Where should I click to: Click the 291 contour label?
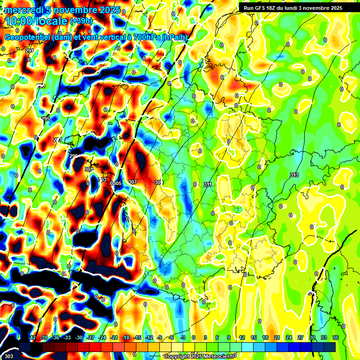30,51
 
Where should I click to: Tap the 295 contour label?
45,119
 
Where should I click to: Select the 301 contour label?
89,169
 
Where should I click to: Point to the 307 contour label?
132,182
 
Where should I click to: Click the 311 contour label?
208,184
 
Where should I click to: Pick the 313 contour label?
294,175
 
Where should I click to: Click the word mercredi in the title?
24,10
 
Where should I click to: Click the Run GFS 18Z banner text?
262,7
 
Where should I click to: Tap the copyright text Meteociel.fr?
216,357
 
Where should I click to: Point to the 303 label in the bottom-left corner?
5,356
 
